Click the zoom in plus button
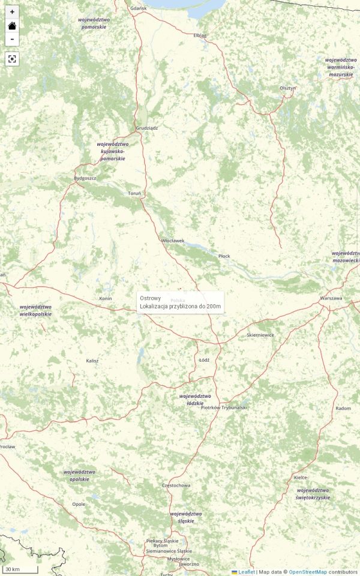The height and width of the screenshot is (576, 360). click(x=12, y=12)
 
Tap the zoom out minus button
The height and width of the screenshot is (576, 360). click(x=12, y=40)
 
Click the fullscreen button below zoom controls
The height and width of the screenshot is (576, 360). click(x=12, y=59)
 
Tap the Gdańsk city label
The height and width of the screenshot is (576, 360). click(x=138, y=8)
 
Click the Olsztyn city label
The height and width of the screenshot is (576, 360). click(x=288, y=88)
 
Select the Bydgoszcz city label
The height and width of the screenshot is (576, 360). click(x=85, y=178)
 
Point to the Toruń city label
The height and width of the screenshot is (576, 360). click(x=134, y=193)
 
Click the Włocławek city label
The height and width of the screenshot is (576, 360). click(x=173, y=241)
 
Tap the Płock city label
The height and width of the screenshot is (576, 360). click(x=224, y=256)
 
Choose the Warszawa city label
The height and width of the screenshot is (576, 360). click(x=331, y=298)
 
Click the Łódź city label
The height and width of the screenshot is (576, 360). click(x=204, y=360)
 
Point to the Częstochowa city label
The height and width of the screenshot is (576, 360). click(x=176, y=485)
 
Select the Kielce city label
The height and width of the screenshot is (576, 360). click(x=301, y=478)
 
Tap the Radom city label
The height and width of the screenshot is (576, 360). click(x=343, y=408)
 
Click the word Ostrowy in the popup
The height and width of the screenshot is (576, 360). click(x=150, y=298)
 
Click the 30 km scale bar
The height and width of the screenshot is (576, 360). click(x=20, y=569)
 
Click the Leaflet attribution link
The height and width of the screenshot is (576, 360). click(x=247, y=572)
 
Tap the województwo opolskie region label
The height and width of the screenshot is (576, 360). click(x=79, y=475)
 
